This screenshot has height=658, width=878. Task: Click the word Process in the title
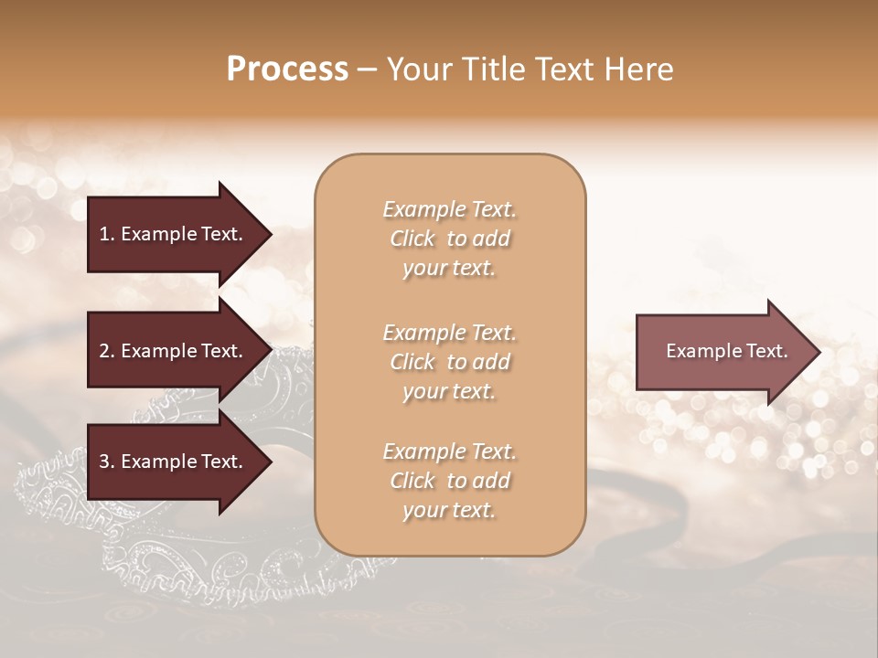tap(287, 69)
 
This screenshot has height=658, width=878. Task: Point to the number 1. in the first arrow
tap(106, 234)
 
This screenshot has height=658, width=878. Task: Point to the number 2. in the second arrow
tap(106, 351)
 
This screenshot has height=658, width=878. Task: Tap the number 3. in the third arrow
tap(106, 462)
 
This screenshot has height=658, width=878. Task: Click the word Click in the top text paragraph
tap(412, 239)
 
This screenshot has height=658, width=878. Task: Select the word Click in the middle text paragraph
tap(412, 362)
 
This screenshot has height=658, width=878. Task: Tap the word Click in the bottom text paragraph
tap(412, 481)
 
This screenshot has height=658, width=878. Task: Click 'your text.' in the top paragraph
tap(449, 269)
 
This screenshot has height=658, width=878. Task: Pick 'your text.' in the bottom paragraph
tap(449, 511)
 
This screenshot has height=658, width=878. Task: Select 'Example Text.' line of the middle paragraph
tap(449, 333)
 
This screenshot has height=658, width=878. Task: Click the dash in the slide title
tap(367, 69)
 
